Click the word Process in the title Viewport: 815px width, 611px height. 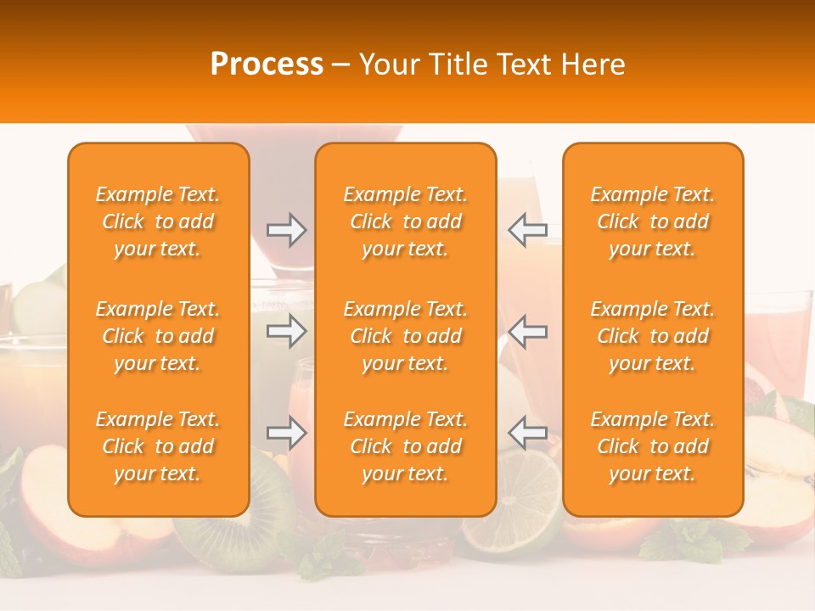pyautogui.click(x=267, y=64)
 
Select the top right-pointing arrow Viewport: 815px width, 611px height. pyautogui.click(x=286, y=230)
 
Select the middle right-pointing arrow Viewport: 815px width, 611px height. pyautogui.click(x=286, y=331)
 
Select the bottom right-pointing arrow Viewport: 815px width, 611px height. pyautogui.click(x=286, y=433)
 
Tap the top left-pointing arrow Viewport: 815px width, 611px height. pyautogui.click(x=527, y=230)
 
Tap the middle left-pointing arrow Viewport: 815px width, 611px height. pyautogui.click(x=527, y=331)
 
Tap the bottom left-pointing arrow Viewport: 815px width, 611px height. pyautogui.click(x=527, y=433)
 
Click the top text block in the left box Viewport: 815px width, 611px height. pyautogui.click(x=158, y=221)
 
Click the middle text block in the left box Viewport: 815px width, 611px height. pyautogui.click(x=158, y=336)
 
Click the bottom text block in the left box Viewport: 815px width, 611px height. pyautogui.click(x=158, y=446)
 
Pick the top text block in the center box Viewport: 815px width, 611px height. pyautogui.click(x=406, y=221)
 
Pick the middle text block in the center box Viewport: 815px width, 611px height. pyautogui.click(x=406, y=336)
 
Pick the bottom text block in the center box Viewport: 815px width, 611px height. pyautogui.click(x=406, y=446)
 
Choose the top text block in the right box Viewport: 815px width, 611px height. pyautogui.click(x=653, y=221)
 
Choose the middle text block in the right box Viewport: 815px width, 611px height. pyautogui.click(x=653, y=336)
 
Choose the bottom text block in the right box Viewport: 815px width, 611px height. pyautogui.click(x=653, y=446)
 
